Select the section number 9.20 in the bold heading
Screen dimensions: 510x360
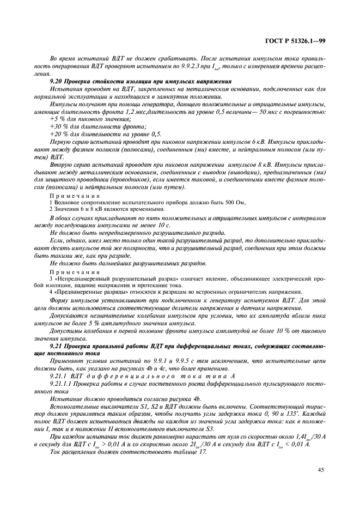57,81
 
